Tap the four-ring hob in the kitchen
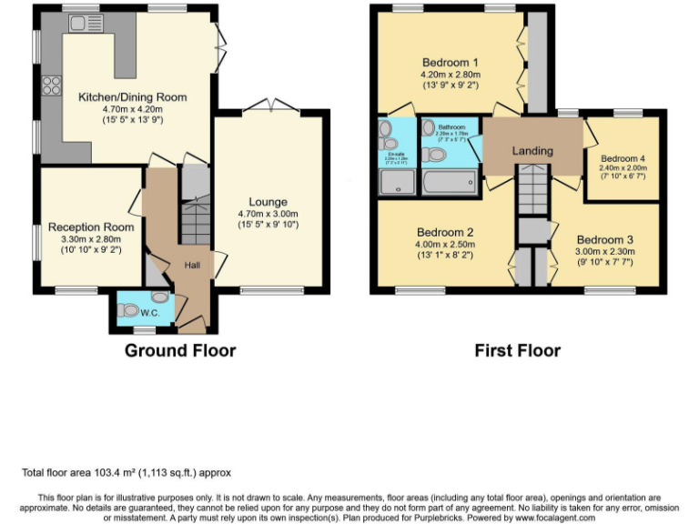[50, 87]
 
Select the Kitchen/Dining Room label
[132, 97]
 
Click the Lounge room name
[268, 202]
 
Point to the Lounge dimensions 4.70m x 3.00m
[268, 214]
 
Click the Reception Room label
[91, 227]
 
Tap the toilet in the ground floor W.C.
[159, 297]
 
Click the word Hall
[194, 265]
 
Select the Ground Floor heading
[179, 350]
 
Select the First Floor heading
[517, 350]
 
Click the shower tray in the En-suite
[396, 184]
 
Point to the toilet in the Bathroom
[434, 156]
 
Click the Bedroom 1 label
[450, 63]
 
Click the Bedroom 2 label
[446, 232]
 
